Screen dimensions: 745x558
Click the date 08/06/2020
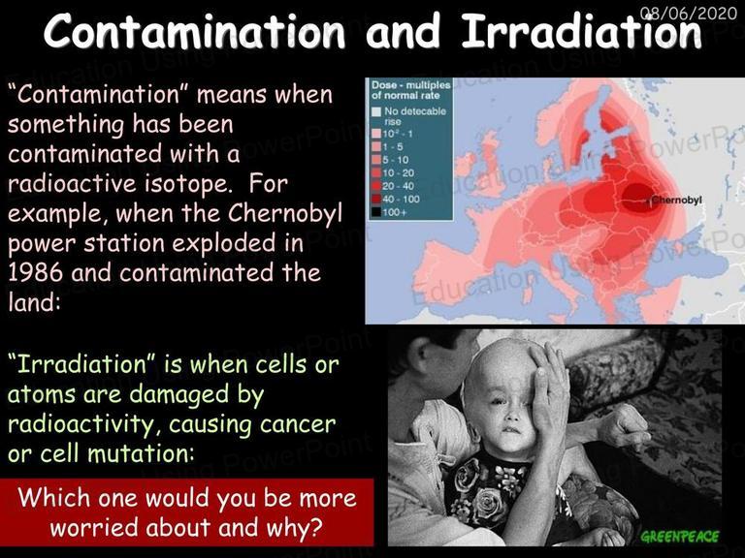(689, 13)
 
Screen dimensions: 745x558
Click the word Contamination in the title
(195, 32)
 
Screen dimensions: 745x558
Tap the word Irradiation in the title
(582, 32)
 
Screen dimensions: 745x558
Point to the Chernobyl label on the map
(676, 200)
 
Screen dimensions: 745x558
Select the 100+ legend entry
(390, 212)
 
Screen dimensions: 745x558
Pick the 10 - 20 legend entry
(393, 172)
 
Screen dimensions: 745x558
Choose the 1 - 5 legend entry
(387, 146)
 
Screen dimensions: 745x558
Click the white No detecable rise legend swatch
(376, 111)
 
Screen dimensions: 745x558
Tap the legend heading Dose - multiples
(411, 85)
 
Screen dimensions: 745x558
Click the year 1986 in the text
(35, 273)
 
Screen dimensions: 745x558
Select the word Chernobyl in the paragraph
(284, 213)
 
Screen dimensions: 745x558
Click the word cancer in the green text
(298, 424)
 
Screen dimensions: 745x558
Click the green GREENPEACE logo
(680, 537)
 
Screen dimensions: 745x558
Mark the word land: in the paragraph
(35, 302)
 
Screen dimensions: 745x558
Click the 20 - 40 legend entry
(393, 186)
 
